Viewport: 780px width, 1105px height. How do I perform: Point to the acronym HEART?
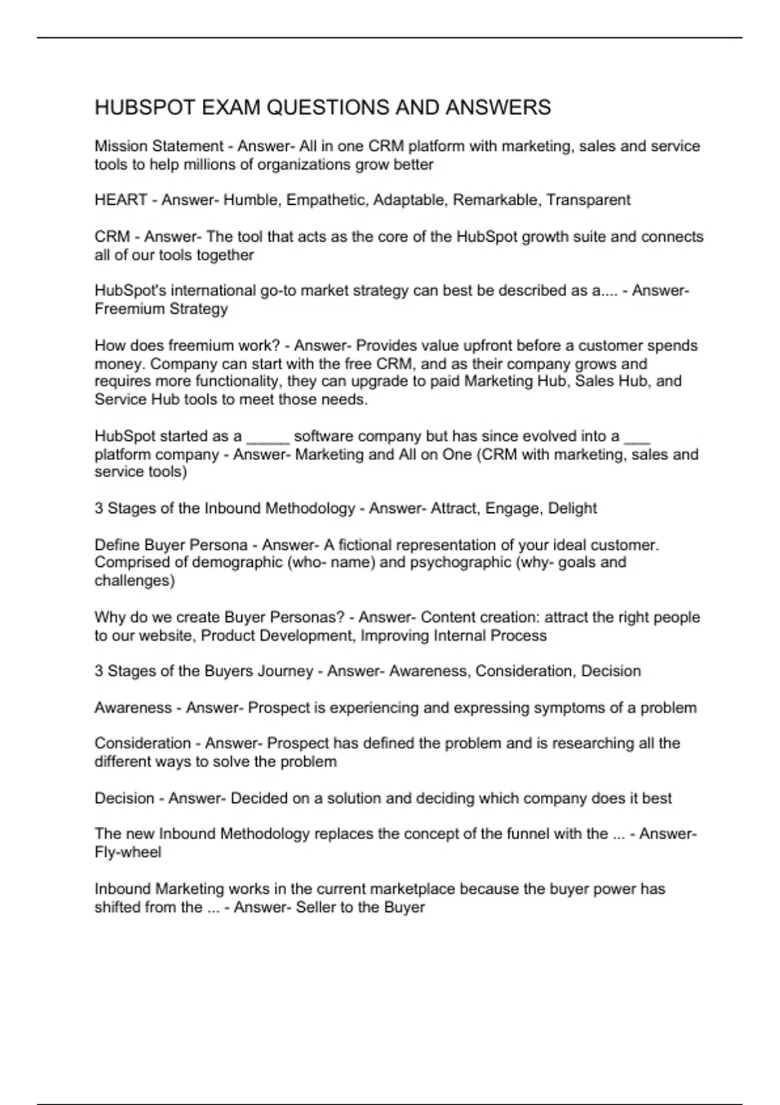[121, 200]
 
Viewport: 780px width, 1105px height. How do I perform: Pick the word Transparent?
[588, 200]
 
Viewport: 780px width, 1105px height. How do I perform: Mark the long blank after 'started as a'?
[268, 436]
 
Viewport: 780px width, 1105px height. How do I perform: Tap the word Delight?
[572, 508]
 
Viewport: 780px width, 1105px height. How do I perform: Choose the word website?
[166, 635]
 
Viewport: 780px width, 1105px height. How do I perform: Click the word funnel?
[526, 833]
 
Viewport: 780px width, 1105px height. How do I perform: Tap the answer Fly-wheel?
[127, 852]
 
